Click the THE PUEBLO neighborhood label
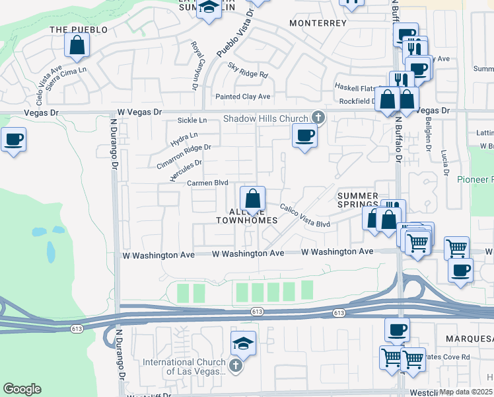point(79,30)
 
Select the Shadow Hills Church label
point(265,118)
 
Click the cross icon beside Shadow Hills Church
point(318,118)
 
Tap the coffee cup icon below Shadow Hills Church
point(304,136)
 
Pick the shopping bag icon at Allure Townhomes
point(252,198)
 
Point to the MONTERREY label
point(318,23)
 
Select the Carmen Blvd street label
point(207,183)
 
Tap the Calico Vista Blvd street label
point(304,216)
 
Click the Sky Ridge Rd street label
point(248,70)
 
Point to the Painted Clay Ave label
point(244,97)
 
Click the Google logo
point(22,388)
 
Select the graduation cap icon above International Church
point(244,343)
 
